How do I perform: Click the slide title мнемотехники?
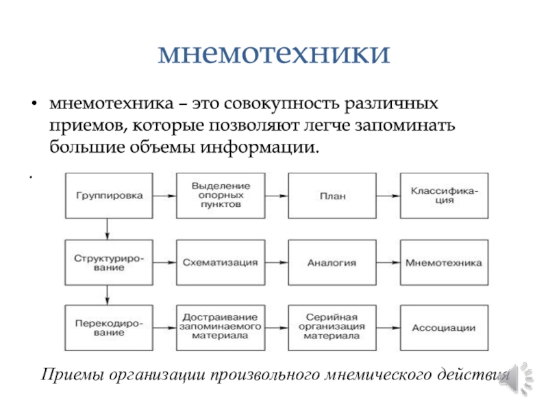[x=274, y=53]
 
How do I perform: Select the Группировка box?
[x=110, y=195]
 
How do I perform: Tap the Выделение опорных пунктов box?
[x=221, y=195]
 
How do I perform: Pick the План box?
[x=332, y=195]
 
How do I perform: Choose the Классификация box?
[x=443, y=195]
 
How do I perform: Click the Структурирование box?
[x=110, y=262]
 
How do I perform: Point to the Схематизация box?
[x=221, y=262]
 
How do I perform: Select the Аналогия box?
[x=332, y=262]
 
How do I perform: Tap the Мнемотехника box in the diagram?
[x=443, y=262]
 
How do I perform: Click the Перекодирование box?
[x=110, y=328]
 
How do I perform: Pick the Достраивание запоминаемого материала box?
[x=221, y=328]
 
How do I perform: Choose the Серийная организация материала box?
[x=332, y=328]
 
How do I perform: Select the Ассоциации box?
[x=443, y=328]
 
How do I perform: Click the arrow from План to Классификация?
[x=388, y=195]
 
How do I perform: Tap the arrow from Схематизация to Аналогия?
[x=277, y=262]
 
